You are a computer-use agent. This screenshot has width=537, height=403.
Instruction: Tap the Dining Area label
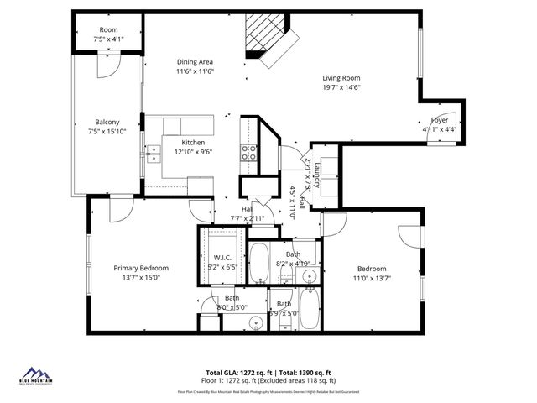point(194,61)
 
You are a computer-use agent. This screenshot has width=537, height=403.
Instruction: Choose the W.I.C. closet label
point(222,258)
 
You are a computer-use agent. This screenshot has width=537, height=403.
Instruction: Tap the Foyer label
point(439,119)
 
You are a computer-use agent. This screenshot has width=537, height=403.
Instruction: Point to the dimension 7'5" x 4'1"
point(108,39)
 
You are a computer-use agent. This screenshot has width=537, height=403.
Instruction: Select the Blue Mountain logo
point(35,375)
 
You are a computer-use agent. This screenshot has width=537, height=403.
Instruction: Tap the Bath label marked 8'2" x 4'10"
point(293,254)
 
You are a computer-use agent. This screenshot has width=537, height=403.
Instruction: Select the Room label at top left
point(108,29)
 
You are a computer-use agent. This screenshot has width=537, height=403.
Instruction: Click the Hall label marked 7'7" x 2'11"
point(248,209)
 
